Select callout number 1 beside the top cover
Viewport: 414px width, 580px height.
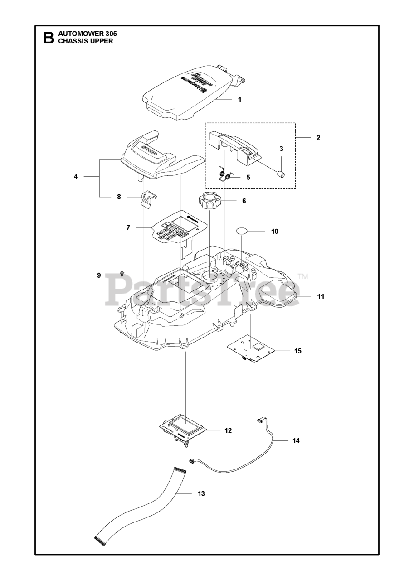(239, 99)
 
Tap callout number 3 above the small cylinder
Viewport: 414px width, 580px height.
(281, 149)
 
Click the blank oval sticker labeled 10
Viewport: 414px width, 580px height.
(243, 231)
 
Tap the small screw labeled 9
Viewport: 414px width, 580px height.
(122, 274)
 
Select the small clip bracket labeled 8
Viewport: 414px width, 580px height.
(148, 198)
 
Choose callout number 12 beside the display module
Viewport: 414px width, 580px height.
(228, 430)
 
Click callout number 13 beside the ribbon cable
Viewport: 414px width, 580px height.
(201, 493)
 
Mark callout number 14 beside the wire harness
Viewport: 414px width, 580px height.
(296, 440)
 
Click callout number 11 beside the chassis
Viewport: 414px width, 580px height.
(321, 297)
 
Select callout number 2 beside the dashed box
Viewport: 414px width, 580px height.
(318, 137)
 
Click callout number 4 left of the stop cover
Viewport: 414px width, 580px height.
(76, 177)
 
